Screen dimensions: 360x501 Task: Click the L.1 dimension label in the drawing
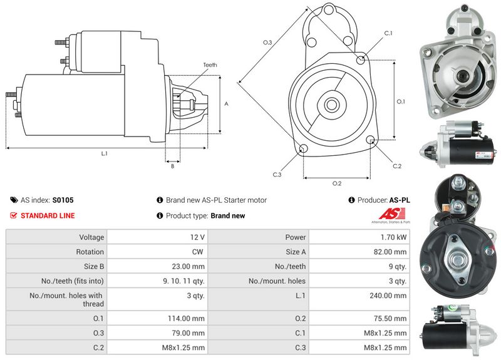pyautogui.click(x=105, y=153)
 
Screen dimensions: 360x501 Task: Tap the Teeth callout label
pyautogui.click(x=210, y=64)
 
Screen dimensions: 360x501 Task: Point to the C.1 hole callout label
pyautogui.click(x=388, y=33)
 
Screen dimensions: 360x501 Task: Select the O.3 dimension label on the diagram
pyautogui.click(x=267, y=43)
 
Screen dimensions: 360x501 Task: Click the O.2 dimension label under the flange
pyautogui.click(x=336, y=183)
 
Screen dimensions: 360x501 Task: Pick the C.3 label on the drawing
pyautogui.click(x=277, y=175)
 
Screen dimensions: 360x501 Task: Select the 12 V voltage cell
pyautogui.click(x=198, y=237)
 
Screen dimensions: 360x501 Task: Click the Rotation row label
pyautogui.click(x=90, y=252)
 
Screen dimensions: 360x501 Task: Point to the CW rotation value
pyautogui.click(x=199, y=252)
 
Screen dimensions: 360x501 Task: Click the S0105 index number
pyautogui.click(x=63, y=200)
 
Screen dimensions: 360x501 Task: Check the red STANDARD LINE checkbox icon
pyautogui.click(x=14, y=215)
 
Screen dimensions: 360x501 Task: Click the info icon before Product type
pyautogui.click(x=160, y=215)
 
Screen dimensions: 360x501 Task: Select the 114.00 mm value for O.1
pyautogui.click(x=190, y=318)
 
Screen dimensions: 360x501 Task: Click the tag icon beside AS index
pyautogui.click(x=14, y=200)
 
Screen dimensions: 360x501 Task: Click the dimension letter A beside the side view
pyautogui.click(x=226, y=104)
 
